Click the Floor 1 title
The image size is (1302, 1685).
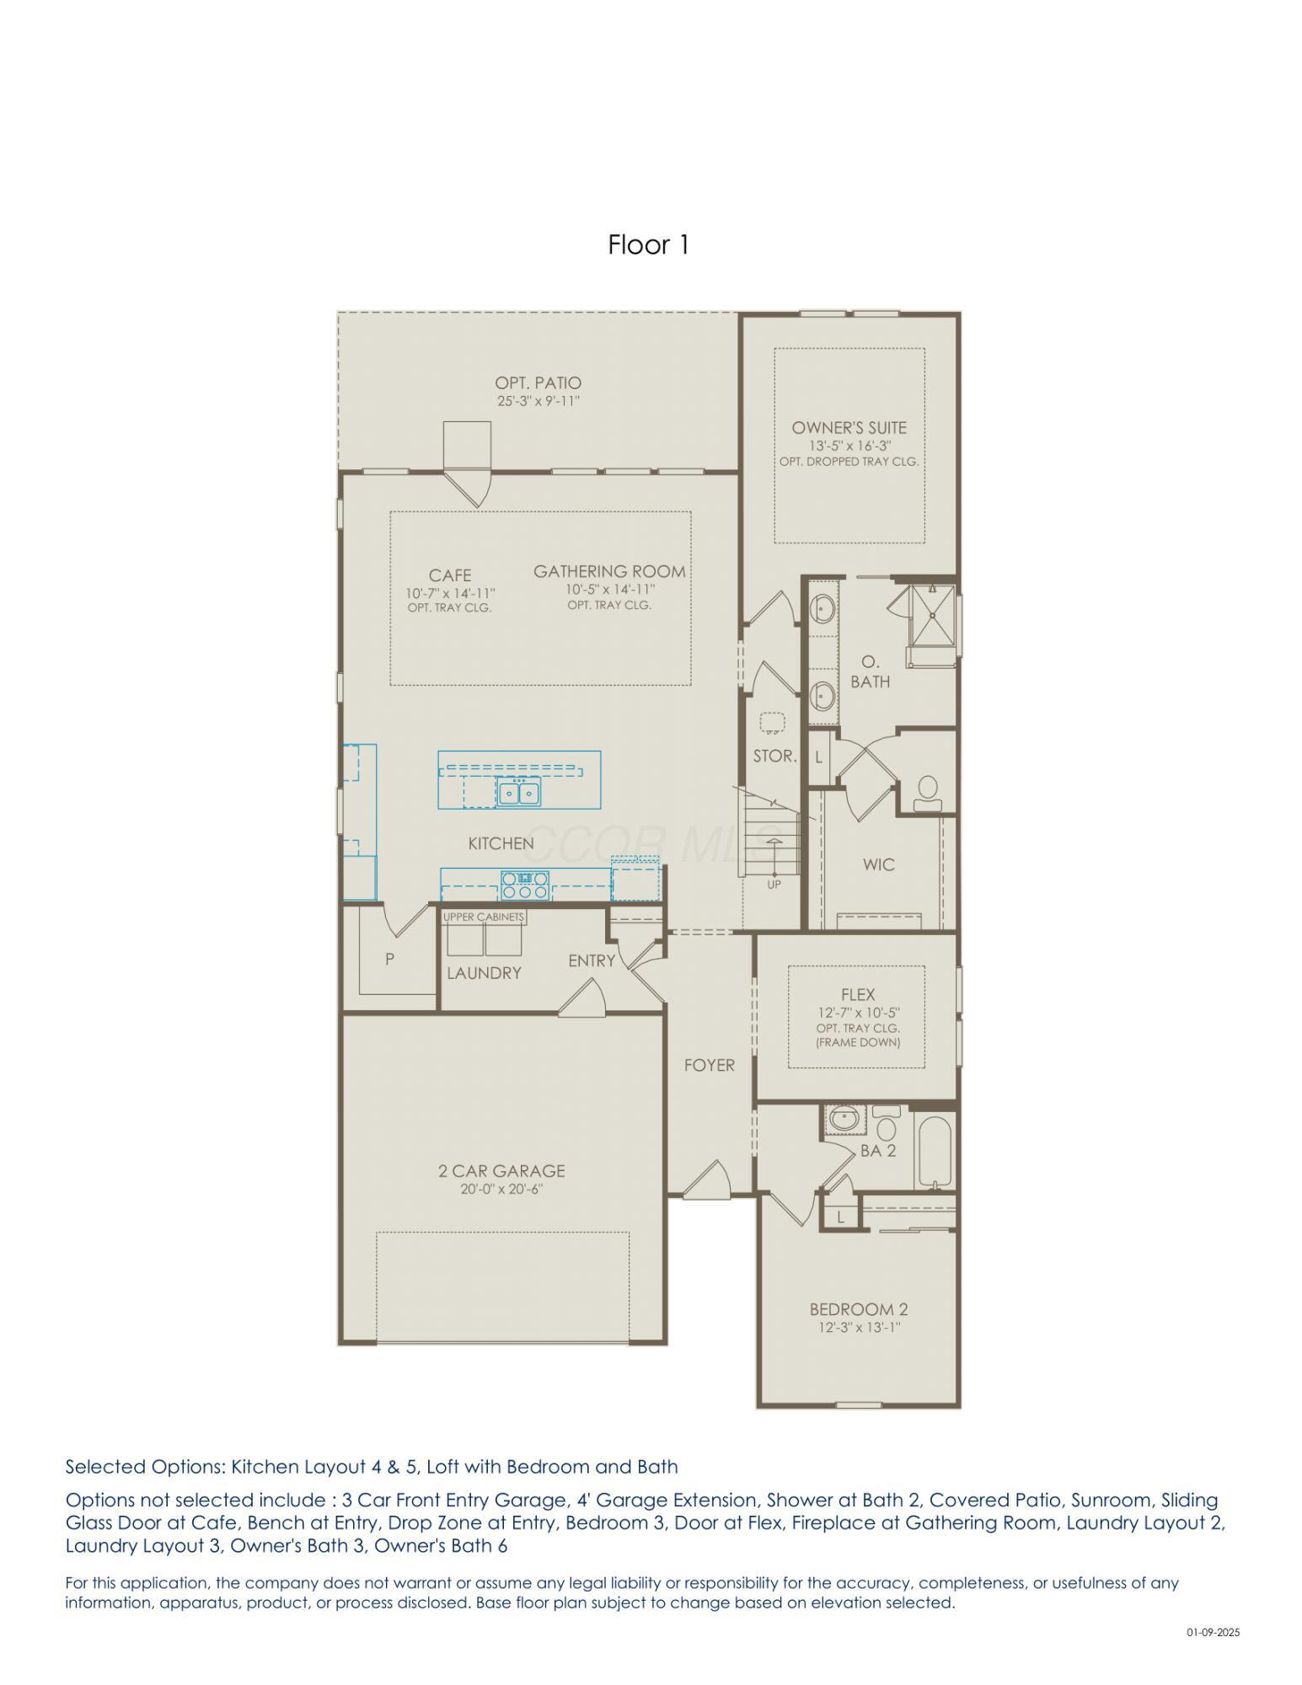(649, 245)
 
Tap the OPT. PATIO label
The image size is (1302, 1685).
(538, 383)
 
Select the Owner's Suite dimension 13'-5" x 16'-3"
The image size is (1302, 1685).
(849, 446)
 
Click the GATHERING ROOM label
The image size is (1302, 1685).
(609, 571)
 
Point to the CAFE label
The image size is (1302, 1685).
(450, 575)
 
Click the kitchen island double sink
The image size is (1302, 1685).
(518, 792)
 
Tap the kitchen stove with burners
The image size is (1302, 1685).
(525, 885)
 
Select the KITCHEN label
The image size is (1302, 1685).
(501, 843)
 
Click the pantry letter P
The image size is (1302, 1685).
(389, 959)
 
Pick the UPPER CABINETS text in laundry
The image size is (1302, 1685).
(484, 917)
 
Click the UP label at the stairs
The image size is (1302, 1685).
(774, 885)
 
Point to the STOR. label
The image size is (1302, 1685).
(774, 757)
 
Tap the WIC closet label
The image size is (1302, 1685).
(878, 864)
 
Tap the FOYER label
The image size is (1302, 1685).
(709, 1066)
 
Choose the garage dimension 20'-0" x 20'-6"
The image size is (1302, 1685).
(501, 1190)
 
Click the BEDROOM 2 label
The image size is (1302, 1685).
(858, 1309)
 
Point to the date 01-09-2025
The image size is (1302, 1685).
(1213, 1633)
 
